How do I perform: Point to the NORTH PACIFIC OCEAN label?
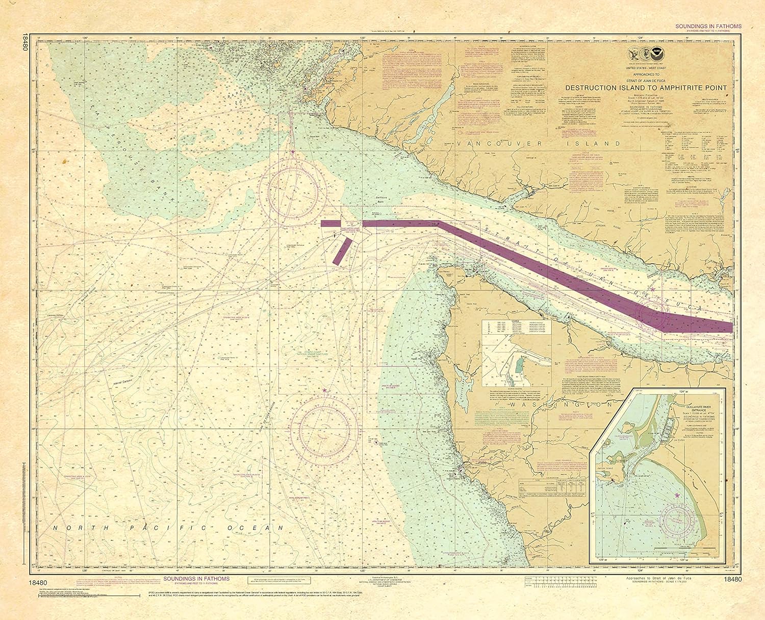point(169,528)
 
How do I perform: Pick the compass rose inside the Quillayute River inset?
point(678,520)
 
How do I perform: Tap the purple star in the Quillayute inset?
point(677,495)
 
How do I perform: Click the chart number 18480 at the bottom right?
point(732,579)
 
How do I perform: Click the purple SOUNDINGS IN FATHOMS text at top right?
point(708,26)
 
